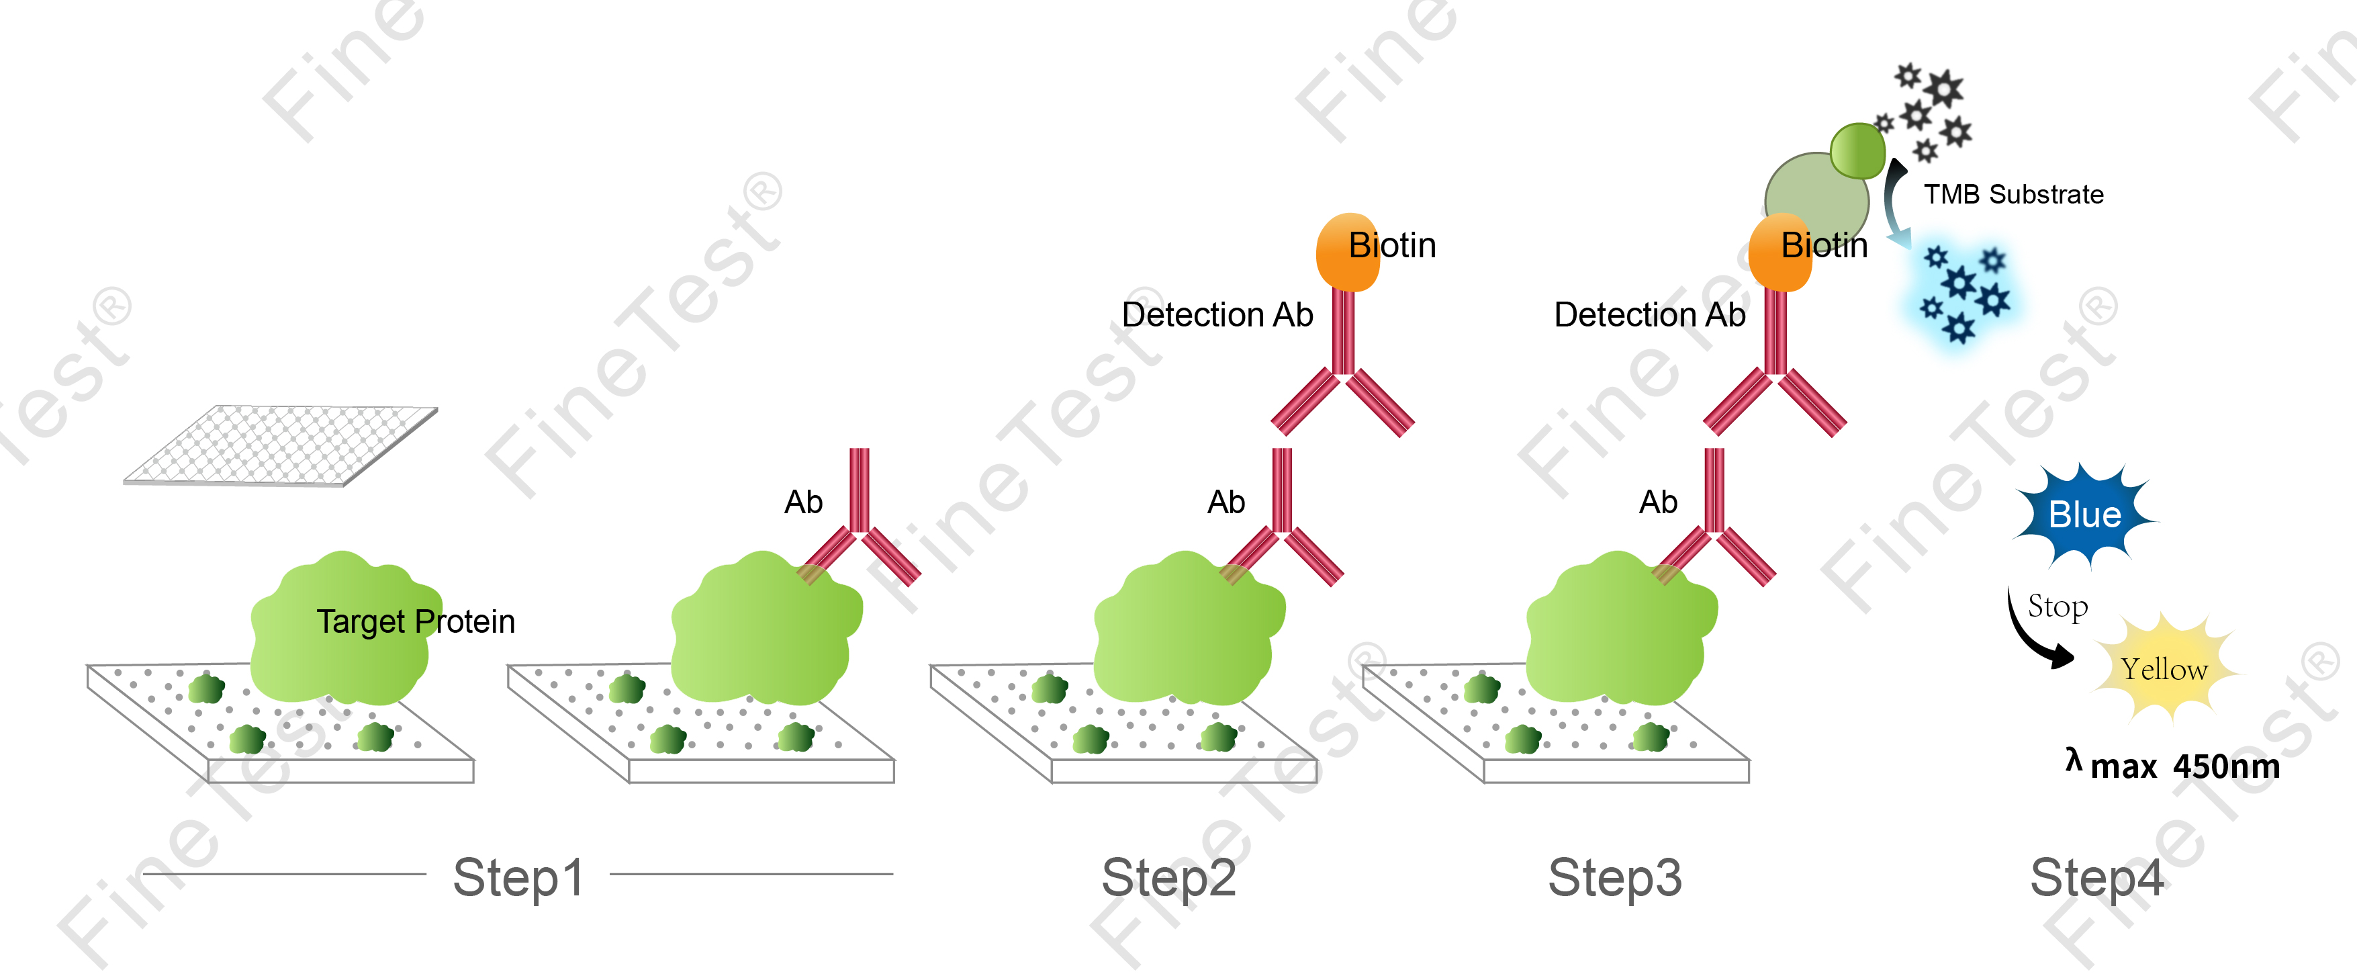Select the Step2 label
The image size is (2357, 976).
[x=1168, y=877]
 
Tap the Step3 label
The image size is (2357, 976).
[x=1615, y=877]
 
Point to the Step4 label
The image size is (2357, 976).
[x=2096, y=877]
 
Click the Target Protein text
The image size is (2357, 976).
[x=416, y=622]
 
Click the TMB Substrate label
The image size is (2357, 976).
[x=2013, y=194]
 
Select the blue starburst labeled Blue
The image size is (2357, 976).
[x=2084, y=515]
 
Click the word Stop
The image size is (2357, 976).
[x=2058, y=606]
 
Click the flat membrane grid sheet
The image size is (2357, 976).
[x=280, y=445]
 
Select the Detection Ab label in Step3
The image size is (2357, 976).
[x=1649, y=315]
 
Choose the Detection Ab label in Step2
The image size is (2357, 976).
[x=1217, y=315]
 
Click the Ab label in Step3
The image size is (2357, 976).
[x=1658, y=502]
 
